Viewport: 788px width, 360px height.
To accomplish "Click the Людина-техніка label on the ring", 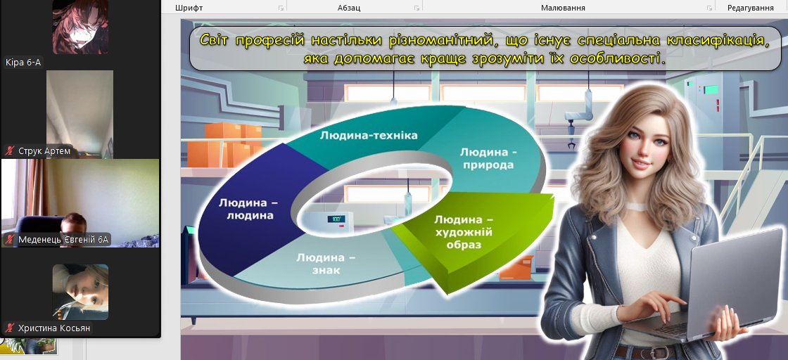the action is point(369,135).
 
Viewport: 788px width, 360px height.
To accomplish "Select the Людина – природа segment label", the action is point(488,157).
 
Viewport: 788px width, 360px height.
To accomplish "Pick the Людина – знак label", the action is point(325,264).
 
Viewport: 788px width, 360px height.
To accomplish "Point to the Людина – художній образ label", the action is point(463,232).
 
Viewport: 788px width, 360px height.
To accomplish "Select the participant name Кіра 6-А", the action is point(23,63).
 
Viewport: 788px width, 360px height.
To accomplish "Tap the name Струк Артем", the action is point(44,150).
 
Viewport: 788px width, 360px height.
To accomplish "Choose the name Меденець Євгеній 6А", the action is point(63,240).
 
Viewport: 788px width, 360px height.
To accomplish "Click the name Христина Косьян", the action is point(54,328).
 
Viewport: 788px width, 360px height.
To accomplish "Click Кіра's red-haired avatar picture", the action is point(80,27).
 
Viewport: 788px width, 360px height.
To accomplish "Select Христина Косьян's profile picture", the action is point(80,292).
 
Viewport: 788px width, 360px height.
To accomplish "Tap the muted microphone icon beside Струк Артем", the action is point(10,150).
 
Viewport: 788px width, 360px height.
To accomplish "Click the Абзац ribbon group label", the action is point(349,8).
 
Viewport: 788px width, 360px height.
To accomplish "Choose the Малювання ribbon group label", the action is point(563,8).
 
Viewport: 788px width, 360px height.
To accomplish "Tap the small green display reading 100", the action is point(335,219).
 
